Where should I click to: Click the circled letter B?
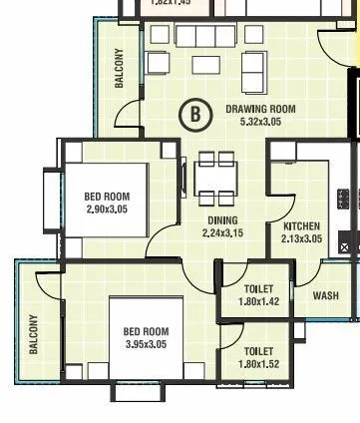pyautogui.click(x=195, y=114)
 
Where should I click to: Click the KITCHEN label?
pyautogui.click(x=301, y=226)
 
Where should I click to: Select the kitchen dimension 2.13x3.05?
pyautogui.click(x=301, y=239)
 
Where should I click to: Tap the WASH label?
pyautogui.click(x=325, y=295)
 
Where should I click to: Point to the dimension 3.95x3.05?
pyautogui.click(x=146, y=344)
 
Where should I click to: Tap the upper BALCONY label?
pyautogui.click(x=120, y=69)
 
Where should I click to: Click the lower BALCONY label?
pyautogui.click(x=33, y=334)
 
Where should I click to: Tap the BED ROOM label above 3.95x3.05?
pyautogui.click(x=146, y=331)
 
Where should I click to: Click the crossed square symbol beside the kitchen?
pyautogui.click(x=348, y=241)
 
